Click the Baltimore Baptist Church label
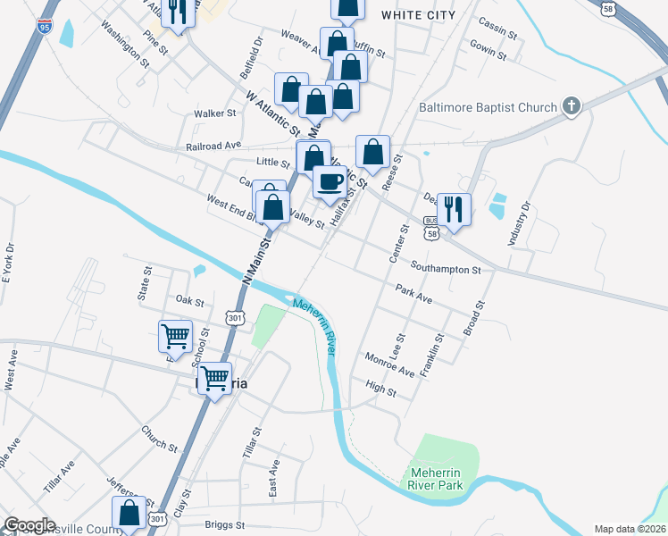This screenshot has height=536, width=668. [488, 108]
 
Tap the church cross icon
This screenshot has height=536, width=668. [571, 107]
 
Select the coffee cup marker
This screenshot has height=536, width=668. [330, 181]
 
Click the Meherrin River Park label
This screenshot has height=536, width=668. [438, 478]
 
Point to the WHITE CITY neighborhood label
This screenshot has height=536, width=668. [418, 15]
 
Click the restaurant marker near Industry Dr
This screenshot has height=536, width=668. [454, 209]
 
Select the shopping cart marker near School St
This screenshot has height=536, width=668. [175, 336]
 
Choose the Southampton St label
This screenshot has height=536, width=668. [447, 268]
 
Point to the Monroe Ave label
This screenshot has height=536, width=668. [389, 364]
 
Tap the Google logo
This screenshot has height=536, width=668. [29, 524]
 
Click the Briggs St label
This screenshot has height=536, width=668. [224, 525]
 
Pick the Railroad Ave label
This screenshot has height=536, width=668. [214, 145]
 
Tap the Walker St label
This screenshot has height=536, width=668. [215, 113]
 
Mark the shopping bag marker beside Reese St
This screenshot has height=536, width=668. [373, 151]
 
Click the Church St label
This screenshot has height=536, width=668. [160, 439]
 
